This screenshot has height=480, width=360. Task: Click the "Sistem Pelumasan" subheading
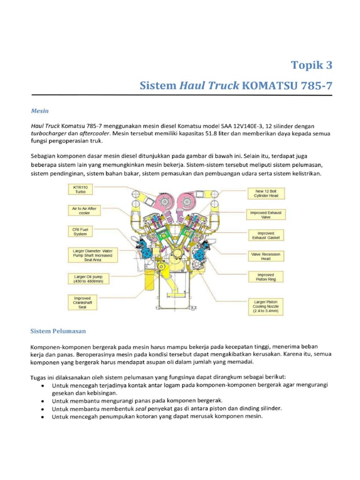tap(58, 331)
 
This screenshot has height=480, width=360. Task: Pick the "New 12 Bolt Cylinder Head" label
tap(266, 194)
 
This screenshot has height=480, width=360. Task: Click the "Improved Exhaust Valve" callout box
tap(266, 215)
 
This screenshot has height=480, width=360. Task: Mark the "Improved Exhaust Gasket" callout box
tap(266, 235)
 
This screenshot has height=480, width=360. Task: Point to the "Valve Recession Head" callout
tap(266, 256)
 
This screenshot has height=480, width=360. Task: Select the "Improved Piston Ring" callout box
tap(266, 277)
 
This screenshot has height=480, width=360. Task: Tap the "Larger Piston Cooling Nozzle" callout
tap(266, 306)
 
